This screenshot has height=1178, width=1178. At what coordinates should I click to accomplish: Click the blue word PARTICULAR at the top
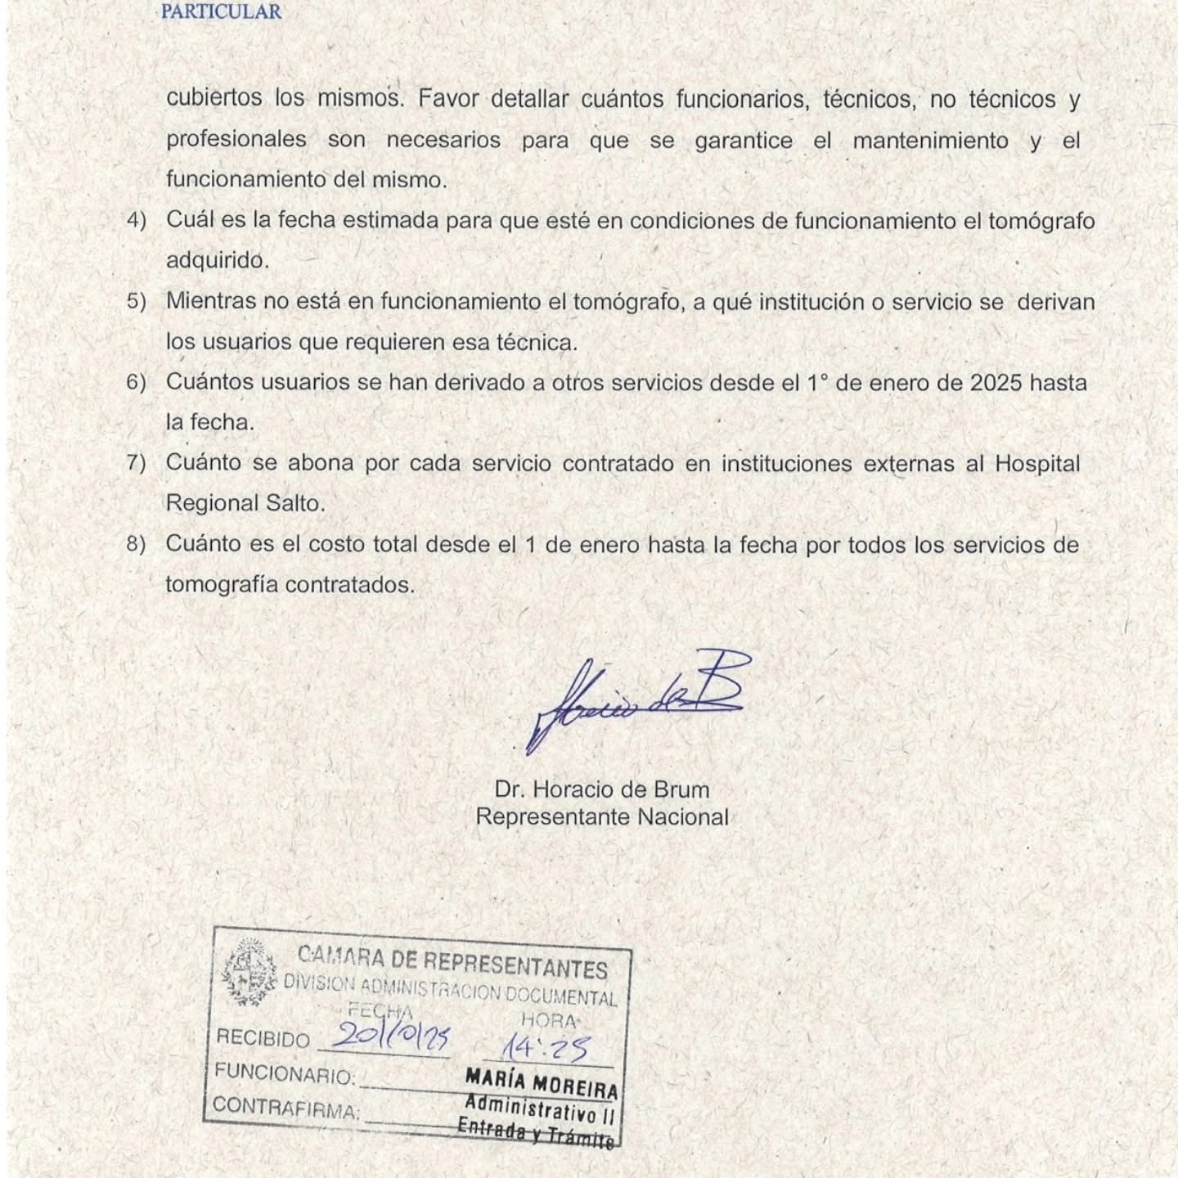[x=221, y=11]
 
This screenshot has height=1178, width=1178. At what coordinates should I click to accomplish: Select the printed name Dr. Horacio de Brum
[x=601, y=789]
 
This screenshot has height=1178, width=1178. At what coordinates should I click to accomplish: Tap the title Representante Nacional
[x=601, y=816]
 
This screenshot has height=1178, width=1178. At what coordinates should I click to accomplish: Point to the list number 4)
[x=136, y=221]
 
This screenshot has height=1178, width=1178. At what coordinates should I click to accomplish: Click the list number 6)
[x=136, y=383]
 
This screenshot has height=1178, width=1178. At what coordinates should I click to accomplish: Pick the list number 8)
[x=136, y=544]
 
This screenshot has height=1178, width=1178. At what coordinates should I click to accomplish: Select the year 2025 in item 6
[x=996, y=383]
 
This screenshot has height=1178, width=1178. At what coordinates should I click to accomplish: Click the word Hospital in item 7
[x=1036, y=463]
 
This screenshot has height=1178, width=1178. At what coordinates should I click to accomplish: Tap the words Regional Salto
[x=245, y=503]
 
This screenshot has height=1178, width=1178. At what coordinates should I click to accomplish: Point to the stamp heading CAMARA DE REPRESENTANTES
[x=452, y=962]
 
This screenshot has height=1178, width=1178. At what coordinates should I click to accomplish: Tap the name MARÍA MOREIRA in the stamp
[x=541, y=1083]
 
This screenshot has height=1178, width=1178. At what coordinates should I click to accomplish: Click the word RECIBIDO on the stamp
[x=263, y=1039]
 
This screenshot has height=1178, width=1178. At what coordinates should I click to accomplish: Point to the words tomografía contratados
[x=290, y=585]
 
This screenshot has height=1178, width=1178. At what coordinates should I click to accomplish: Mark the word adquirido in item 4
[x=217, y=261]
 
